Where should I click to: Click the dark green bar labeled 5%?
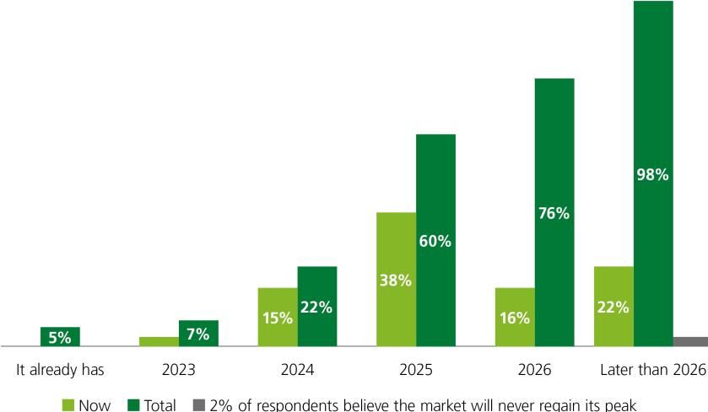60,336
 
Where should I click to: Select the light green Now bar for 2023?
159,341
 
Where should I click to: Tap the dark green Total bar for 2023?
198,333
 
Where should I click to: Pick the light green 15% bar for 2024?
278,316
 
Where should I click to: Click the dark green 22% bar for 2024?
317,306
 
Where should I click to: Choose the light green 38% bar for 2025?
396,279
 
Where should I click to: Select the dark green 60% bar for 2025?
435,240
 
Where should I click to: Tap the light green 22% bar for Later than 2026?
613,306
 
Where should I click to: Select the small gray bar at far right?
690,341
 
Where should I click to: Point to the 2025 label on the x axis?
416,370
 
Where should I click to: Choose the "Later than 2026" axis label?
652,370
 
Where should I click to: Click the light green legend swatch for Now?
68,405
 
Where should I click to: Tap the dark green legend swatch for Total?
133,405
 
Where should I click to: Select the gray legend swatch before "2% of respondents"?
199,405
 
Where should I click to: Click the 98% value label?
653,175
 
